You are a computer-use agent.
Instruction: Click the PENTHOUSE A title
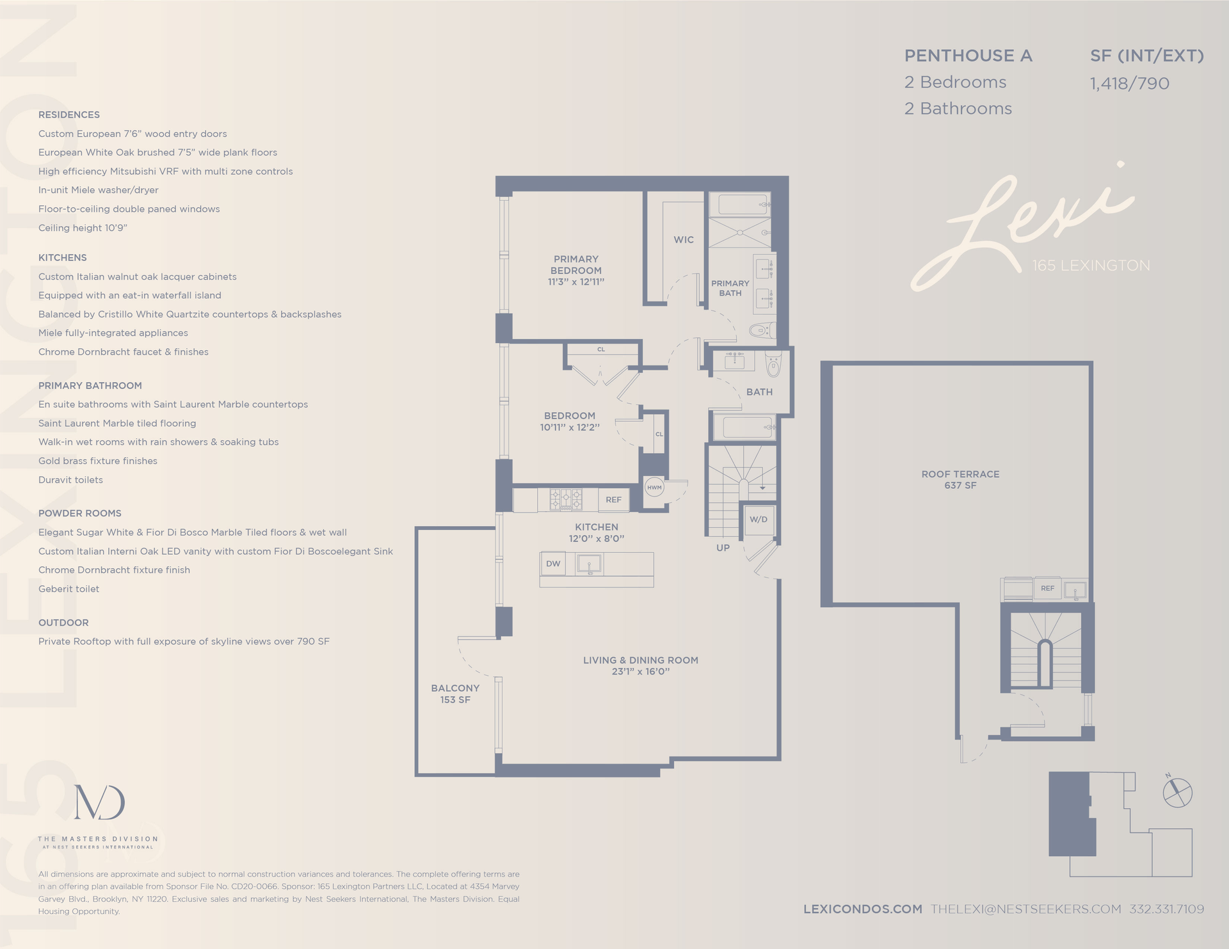point(968,56)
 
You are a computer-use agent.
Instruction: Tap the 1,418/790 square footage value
point(1129,83)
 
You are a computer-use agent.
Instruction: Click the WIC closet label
point(683,239)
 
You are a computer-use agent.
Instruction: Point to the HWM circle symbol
point(654,488)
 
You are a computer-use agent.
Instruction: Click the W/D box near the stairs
point(759,519)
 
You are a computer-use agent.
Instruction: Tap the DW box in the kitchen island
point(553,564)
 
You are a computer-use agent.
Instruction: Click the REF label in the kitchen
point(613,500)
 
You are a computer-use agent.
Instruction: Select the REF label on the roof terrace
point(1047,588)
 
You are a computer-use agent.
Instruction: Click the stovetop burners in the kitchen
point(566,499)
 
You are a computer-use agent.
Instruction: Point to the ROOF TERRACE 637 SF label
point(960,479)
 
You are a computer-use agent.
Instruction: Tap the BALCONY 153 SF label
point(455,694)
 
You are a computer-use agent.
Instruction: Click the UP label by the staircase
point(723,548)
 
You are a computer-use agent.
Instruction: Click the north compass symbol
point(1177,792)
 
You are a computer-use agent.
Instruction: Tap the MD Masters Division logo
point(99,803)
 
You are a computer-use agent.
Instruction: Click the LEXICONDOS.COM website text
point(862,909)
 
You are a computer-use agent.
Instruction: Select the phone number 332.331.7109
point(1166,909)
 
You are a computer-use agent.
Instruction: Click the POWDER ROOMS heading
point(79,513)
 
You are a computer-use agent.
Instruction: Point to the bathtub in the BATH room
point(743,427)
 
